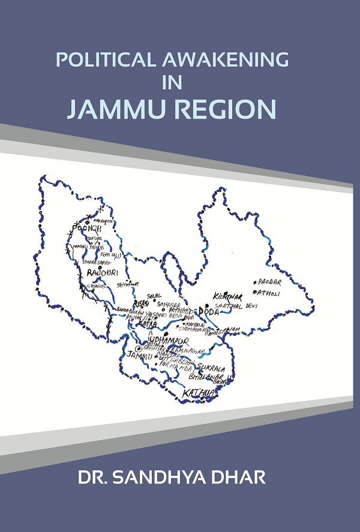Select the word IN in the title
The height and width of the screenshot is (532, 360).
pos(172,84)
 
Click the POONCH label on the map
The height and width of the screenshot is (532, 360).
pos(88,229)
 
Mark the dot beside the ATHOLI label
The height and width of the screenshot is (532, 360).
pos(256,293)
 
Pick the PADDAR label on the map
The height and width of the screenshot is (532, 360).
pos(268,281)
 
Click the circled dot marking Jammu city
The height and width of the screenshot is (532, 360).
pos(139,348)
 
